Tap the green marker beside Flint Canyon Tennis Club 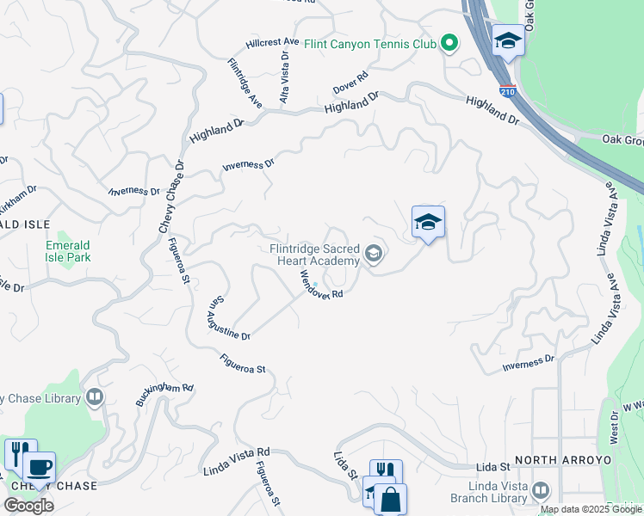449,42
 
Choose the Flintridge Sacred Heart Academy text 313,255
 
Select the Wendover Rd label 321,285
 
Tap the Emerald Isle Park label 68,250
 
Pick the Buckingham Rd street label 164,395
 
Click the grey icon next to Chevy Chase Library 95,397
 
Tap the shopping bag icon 390,499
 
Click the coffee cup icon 39,467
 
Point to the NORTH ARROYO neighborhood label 563,461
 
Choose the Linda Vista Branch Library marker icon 541,490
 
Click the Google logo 28,506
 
